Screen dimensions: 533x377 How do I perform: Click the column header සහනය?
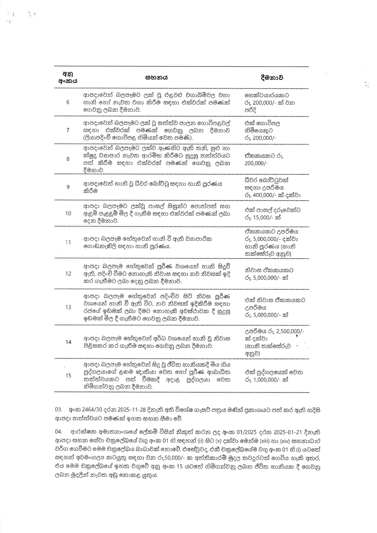pyautogui.click(x=157, y=77)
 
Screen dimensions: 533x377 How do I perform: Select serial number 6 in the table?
pyautogui.click(x=68, y=102)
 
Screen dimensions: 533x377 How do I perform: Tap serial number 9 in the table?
pyautogui.click(x=68, y=187)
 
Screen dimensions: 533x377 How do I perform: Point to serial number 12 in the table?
pyautogui.click(x=68, y=273)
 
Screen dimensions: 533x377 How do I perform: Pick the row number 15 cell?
pyautogui.click(x=68, y=376)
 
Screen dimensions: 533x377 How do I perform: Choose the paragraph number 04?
pyautogui.click(x=59, y=432)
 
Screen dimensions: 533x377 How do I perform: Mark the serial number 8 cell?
pyautogui.click(x=68, y=159)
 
